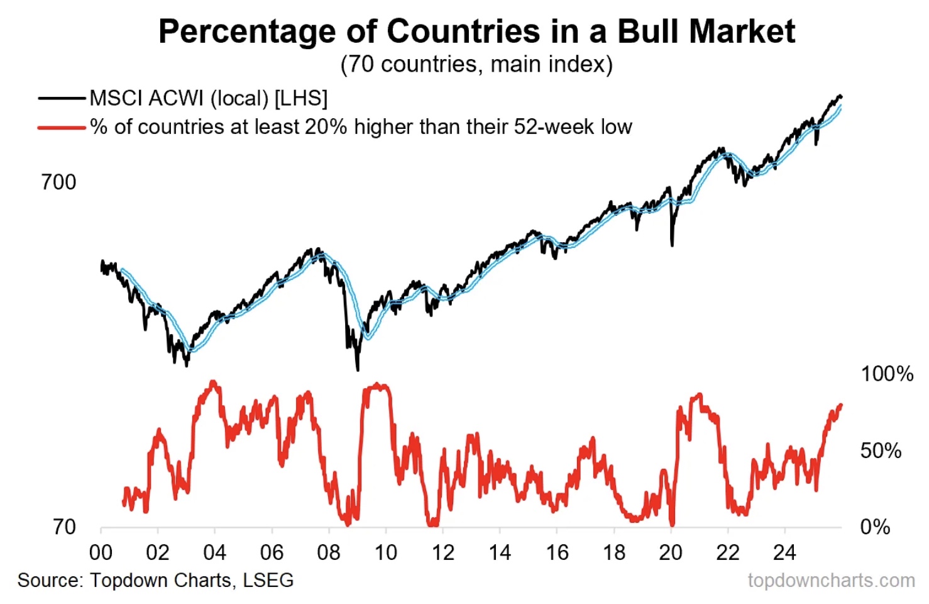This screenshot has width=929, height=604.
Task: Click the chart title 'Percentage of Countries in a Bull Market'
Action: tap(476, 31)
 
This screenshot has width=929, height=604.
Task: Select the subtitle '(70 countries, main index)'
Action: tap(476, 64)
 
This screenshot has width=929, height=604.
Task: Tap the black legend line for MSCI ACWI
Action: tap(62, 98)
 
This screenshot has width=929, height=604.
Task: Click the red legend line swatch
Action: tap(62, 127)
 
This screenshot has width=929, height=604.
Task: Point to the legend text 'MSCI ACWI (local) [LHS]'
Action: tap(209, 98)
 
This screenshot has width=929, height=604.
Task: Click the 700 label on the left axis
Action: tap(58, 182)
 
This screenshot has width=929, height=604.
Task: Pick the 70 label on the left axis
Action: tap(64, 527)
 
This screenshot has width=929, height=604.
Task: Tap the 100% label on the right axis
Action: tap(886, 374)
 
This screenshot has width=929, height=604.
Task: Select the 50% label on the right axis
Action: tap(880, 450)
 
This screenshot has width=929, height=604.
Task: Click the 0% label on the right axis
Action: tap(875, 527)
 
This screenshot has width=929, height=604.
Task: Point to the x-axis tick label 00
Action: tap(101, 552)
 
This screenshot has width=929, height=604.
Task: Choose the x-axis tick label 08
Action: tap(329, 552)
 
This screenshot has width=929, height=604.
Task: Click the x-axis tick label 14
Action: tap(500, 552)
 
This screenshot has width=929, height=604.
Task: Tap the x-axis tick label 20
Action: tap(671, 552)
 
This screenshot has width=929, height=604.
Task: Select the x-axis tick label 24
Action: tap(784, 552)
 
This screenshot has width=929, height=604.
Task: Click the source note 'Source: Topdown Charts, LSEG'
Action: tap(155, 580)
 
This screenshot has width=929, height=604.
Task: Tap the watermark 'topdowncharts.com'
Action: tap(831, 580)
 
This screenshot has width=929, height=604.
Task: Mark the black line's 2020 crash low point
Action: tap(672, 244)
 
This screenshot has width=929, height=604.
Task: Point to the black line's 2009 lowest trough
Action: tap(358, 369)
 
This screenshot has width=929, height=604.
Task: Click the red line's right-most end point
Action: tap(841, 405)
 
